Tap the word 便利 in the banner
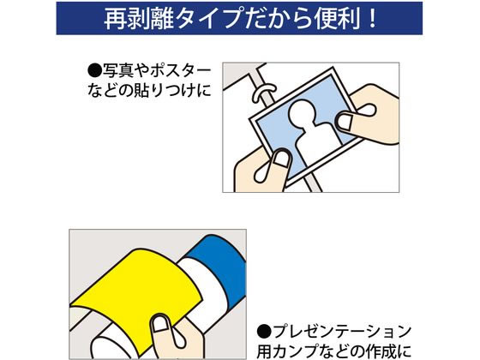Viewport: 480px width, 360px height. pos(346,19)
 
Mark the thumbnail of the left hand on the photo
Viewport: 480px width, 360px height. pos(280,158)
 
